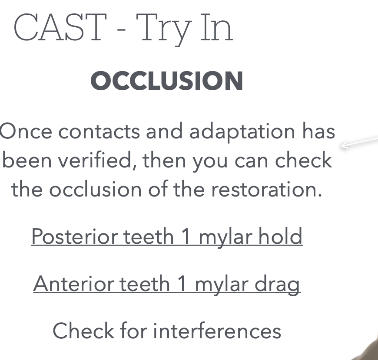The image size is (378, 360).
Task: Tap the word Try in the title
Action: (x=164, y=29)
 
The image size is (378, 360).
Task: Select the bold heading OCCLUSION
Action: (x=167, y=81)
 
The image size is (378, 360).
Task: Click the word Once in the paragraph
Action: (x=26, y=131)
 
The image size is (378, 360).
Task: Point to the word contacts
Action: (x=99, y=132)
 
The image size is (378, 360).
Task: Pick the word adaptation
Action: (x=242, y=133)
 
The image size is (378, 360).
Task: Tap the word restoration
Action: (x=266, y=190)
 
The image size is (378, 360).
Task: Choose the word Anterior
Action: (x=73, y=284)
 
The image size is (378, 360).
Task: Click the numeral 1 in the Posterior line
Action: (x=186, y=236)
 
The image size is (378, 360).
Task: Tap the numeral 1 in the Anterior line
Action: (x=182, y=284)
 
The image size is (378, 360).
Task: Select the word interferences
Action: (x=217, y=331)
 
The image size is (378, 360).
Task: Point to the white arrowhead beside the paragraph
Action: (x=345, y=145)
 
